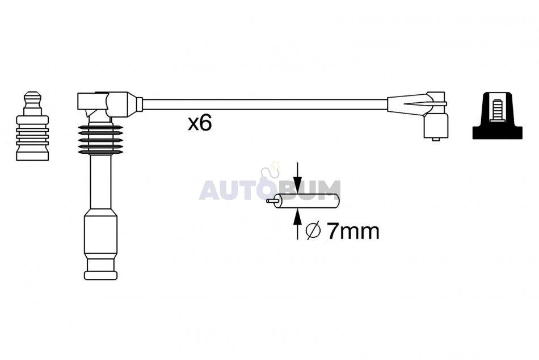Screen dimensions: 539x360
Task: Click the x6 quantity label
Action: click(x=200, y=124)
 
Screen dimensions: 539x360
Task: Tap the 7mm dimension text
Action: click(x=353, y=231)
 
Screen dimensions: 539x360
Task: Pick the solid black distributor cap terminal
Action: click(x=497, y=115)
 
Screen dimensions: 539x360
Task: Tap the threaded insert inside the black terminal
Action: click(x=497, y=109)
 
